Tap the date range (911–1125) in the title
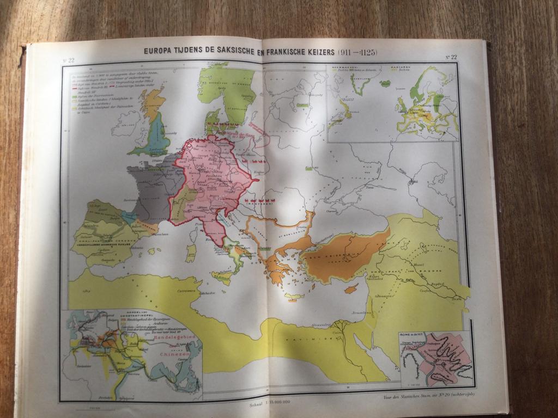(355, 52)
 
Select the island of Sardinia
(191, 253)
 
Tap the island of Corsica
(193, 235)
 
